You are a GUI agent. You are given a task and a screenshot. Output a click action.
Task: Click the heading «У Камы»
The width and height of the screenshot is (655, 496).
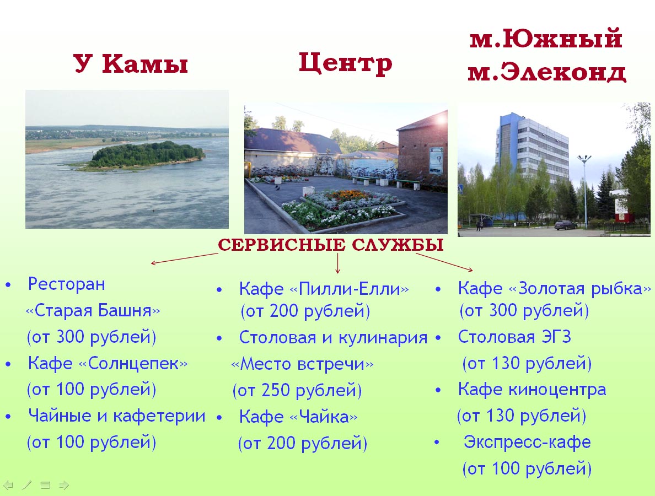[x=131, y=63]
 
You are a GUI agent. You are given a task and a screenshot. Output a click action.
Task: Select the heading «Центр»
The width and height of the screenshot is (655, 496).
[x=346, y=63]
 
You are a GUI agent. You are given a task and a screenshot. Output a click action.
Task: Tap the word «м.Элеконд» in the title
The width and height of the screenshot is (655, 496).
[x=547, y=72]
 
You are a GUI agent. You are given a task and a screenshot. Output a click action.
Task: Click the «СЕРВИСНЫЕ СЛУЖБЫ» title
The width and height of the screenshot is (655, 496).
[x=330, y=245]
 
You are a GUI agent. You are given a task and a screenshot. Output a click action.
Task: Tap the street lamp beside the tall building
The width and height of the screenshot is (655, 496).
[x=584, y=190]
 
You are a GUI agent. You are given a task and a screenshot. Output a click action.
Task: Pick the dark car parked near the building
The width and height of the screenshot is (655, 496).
[x=565, y=225]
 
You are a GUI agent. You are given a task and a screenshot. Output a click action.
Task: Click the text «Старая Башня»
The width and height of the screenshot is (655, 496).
[x=93, y=311]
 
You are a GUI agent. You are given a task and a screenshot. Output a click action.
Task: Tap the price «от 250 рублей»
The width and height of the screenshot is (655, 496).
[x=297, y=390]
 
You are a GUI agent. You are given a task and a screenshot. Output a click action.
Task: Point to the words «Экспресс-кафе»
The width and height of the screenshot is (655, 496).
[x=527, y=442]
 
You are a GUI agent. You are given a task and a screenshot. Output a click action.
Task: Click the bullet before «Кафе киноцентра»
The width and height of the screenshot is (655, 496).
[x=438, y=390]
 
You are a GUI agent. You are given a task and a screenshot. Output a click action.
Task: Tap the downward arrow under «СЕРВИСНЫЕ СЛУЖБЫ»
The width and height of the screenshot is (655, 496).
[x=337, y=263]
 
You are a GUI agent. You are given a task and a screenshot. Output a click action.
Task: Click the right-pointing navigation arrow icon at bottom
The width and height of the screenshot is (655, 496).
[x=64, y=485]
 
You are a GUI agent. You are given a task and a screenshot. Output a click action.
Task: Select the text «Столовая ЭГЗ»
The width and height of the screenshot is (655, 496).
[x=514, y=337]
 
